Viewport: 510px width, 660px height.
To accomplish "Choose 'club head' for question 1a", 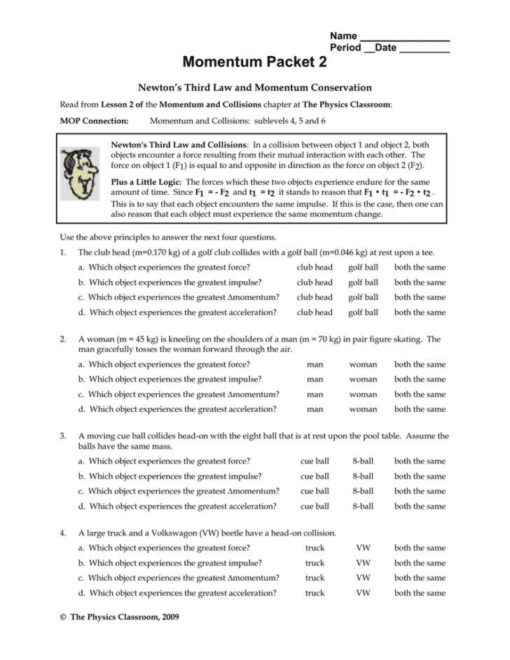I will click(315, 268).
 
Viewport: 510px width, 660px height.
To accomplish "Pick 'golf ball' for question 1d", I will click(363, 312).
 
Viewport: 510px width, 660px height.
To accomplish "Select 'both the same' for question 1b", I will click(420, 283).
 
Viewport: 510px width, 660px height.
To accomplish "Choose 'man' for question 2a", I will click(315, 364).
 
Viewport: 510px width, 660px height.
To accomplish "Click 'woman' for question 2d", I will click(363, 409).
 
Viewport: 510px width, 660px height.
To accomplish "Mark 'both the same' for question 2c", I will click(420, 394).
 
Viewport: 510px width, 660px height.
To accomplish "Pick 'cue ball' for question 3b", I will click(315, 476).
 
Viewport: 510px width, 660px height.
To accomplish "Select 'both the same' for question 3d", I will click(420, 507).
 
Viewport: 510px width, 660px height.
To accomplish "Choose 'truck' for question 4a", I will click(315, 549).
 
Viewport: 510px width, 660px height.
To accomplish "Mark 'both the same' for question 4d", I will click(420, 593).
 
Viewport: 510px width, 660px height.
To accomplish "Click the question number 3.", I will click(64, 436).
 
